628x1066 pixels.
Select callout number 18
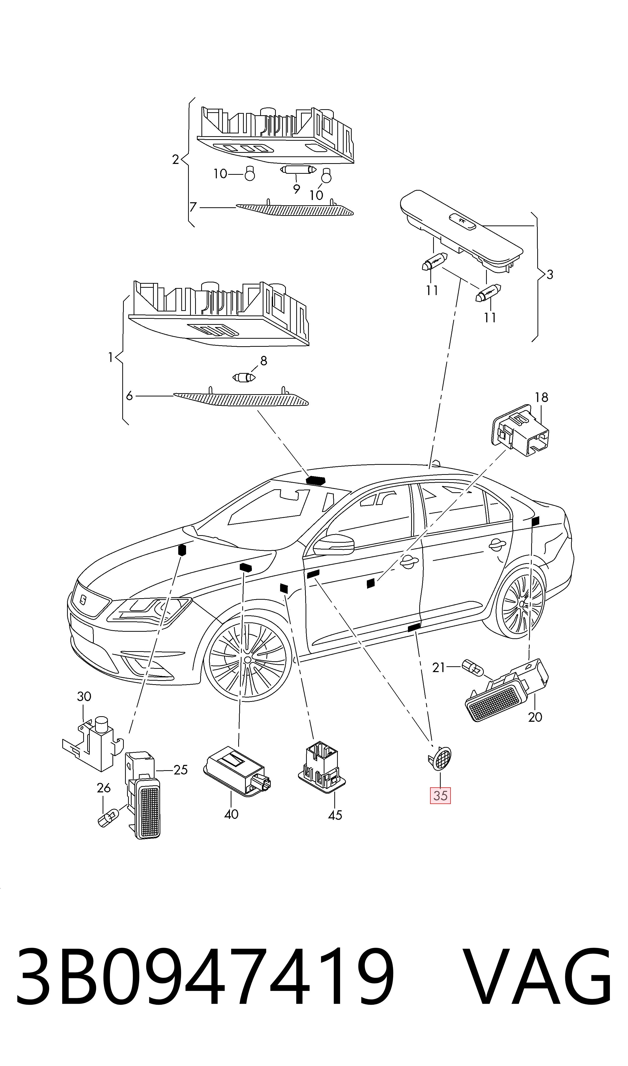click(x=541, y=397)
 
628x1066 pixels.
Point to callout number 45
click(x=335, y=815)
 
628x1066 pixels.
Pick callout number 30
click(x=84, y=696)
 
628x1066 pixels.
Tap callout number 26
click(x=104, y=788)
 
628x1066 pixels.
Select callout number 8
click(x=264, y=361)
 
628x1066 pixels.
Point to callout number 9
click(x=296, y=189)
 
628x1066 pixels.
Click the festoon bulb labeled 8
click(x=245, y=376)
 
